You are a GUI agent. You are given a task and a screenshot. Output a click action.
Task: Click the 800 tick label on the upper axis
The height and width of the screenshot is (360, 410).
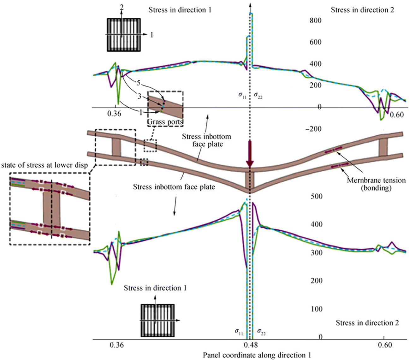point(315,21)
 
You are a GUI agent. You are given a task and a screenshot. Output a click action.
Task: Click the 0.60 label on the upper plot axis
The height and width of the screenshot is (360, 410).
point(397,115)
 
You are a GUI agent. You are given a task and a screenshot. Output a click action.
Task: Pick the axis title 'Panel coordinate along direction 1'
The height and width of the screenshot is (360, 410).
point(257,355)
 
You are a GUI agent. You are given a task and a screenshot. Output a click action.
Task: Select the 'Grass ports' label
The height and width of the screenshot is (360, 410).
point(165,122)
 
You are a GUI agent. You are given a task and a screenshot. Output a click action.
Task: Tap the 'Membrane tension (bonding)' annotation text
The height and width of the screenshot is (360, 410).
point(371,184)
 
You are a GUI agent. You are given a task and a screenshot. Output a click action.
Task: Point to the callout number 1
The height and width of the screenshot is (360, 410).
point(140,113)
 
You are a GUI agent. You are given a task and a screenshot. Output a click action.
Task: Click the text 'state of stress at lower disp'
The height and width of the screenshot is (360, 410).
point(45,165)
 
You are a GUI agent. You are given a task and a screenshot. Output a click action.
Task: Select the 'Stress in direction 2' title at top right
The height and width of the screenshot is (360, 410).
point(362,10)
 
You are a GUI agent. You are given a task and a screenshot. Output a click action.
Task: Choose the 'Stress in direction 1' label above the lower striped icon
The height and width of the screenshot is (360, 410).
point(155,288)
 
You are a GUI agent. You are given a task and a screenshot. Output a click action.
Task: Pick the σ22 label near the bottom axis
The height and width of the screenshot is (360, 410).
point(261,332)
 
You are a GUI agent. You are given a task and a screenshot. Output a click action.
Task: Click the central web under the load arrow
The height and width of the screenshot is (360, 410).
point(250,179)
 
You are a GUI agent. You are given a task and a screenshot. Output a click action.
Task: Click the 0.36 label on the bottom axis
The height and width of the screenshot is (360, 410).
point(117,345)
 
